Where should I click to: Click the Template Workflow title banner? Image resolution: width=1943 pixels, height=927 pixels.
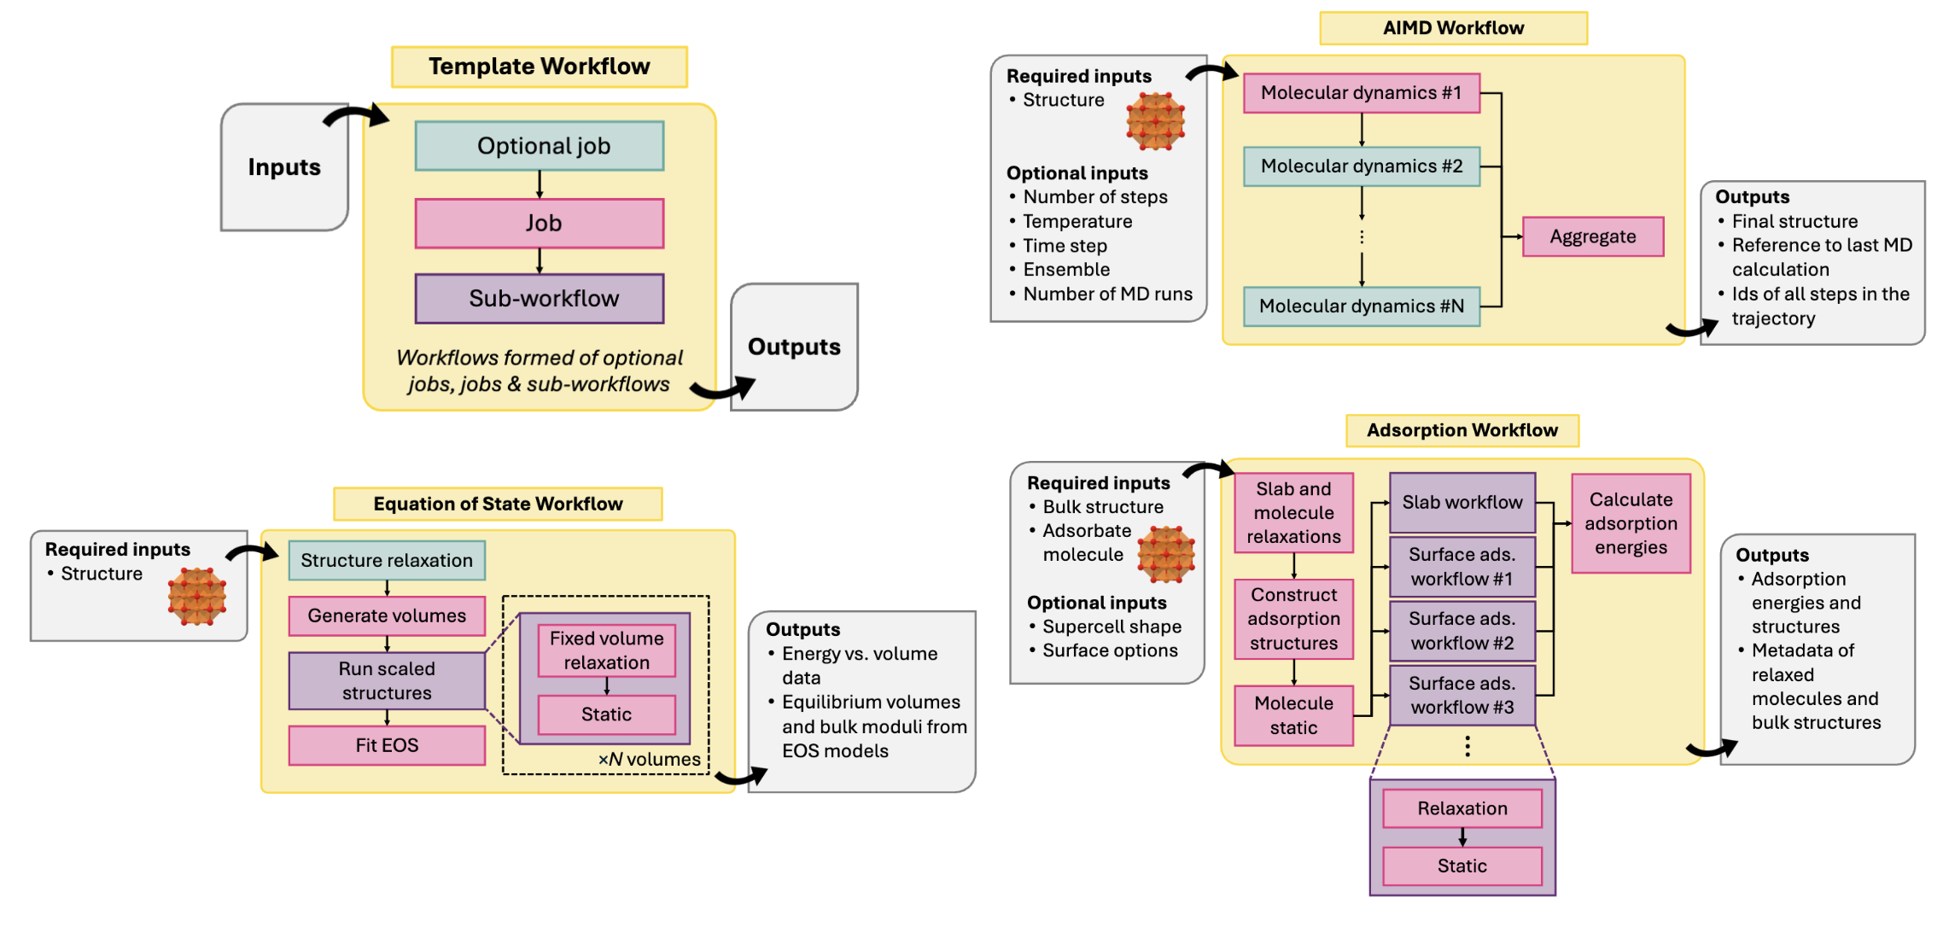539,67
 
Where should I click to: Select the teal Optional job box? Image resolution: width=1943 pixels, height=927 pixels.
539,146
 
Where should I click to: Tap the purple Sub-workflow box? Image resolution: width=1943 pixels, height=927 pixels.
539,299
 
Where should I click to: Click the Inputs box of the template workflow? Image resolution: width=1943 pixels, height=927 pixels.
283,167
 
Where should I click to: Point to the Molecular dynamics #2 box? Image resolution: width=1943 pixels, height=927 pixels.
1361,166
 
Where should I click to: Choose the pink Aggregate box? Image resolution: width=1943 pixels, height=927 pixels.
1592,236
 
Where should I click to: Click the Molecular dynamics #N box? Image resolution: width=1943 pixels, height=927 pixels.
1361,306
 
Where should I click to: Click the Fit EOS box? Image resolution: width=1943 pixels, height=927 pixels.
387,745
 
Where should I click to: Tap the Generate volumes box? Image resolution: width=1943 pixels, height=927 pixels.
387,615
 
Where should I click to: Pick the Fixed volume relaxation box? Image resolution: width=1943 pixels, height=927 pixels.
606,650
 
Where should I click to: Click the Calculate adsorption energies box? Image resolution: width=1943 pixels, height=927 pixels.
1630,523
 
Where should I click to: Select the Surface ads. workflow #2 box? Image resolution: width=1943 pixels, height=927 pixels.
1462,631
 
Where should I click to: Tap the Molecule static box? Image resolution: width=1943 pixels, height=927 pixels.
1292,715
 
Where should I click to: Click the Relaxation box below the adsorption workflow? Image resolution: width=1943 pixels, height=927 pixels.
1462,808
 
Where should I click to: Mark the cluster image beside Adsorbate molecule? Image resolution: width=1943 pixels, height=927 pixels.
1165,554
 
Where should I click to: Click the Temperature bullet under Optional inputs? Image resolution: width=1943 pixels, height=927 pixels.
1077,222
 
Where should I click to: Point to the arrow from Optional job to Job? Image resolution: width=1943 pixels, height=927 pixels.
539,184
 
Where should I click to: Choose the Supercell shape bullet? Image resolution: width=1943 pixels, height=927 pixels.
1111,627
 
